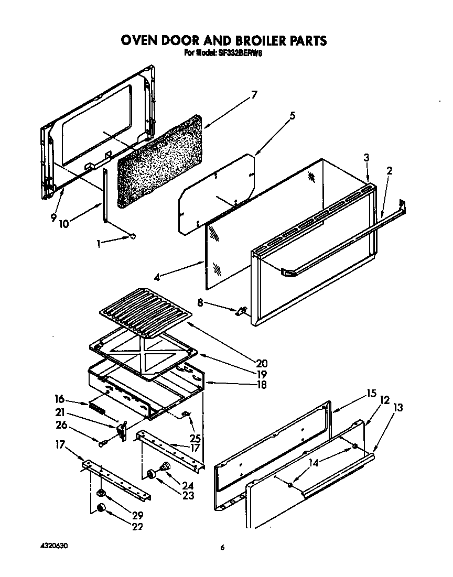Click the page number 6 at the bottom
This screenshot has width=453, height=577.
pyautogui.click(x=222, y=548)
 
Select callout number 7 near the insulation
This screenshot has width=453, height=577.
pyautogui.click(x=254, y=95)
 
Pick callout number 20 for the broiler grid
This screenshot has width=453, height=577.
pyautogui.click(x=262, y=363)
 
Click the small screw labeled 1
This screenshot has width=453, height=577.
pyautogui.click(x=132, y=236)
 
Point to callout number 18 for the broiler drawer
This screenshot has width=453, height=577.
pyautogui.click(x=261, y=385)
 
